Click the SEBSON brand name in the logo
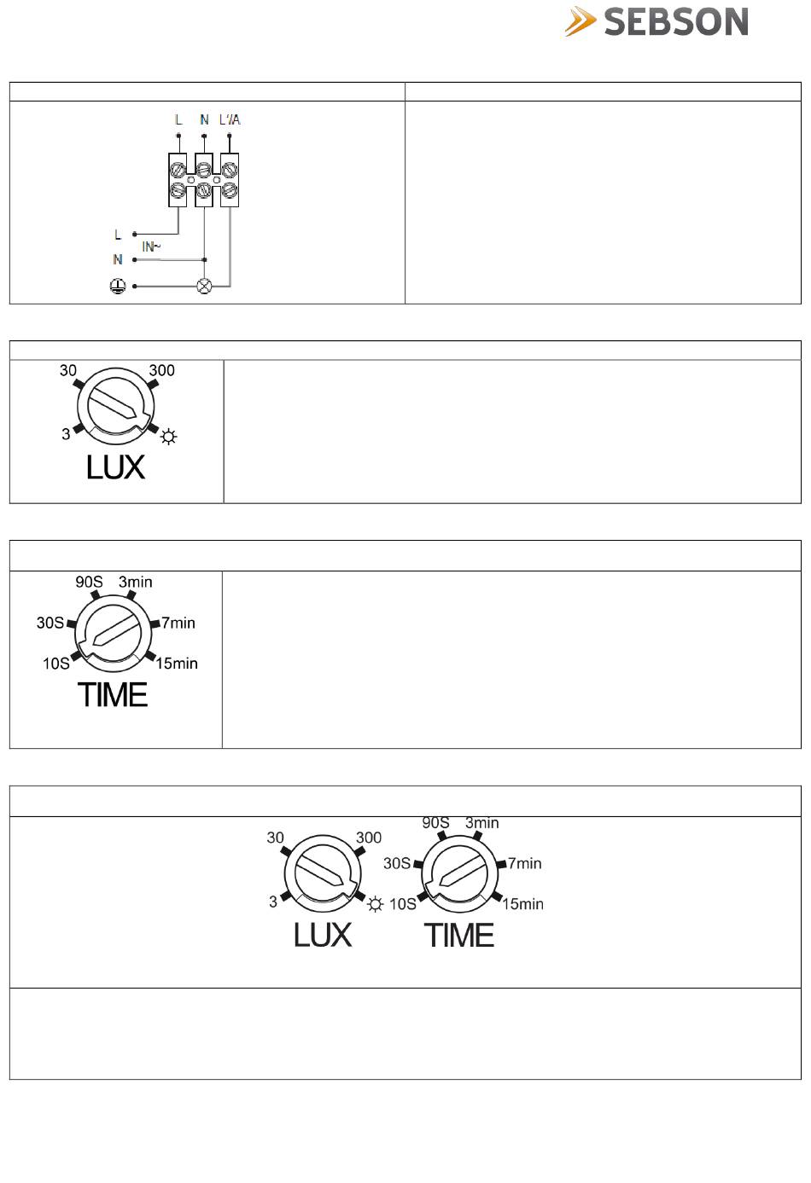(x=675, y=22)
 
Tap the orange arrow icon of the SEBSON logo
(x=581, y=22)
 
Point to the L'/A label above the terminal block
(x=230, y=119)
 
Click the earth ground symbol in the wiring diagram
(x=118, y=287)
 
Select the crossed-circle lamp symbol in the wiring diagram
(x=204, y=287)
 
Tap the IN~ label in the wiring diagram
(x=151, y=246)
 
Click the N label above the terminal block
(x=204, y=119)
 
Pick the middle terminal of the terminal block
(x=204, y=180)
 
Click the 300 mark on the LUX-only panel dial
(x=161, y=370)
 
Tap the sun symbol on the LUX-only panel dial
(x=168, y=438)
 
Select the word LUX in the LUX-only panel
(x=115, y=467)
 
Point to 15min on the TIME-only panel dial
(x=177, y=663)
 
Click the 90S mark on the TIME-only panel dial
(x=89, y=582)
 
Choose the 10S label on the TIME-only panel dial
(x=56, y=663)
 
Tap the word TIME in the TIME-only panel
(x=113, y=695)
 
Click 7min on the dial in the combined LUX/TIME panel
(x=524, y=863)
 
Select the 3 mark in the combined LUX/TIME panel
(x=273, y=902)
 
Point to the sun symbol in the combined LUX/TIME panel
(x=375, y=904)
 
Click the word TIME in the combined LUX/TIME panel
(x=459, y=936)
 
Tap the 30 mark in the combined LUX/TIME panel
(x=275, y=838)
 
